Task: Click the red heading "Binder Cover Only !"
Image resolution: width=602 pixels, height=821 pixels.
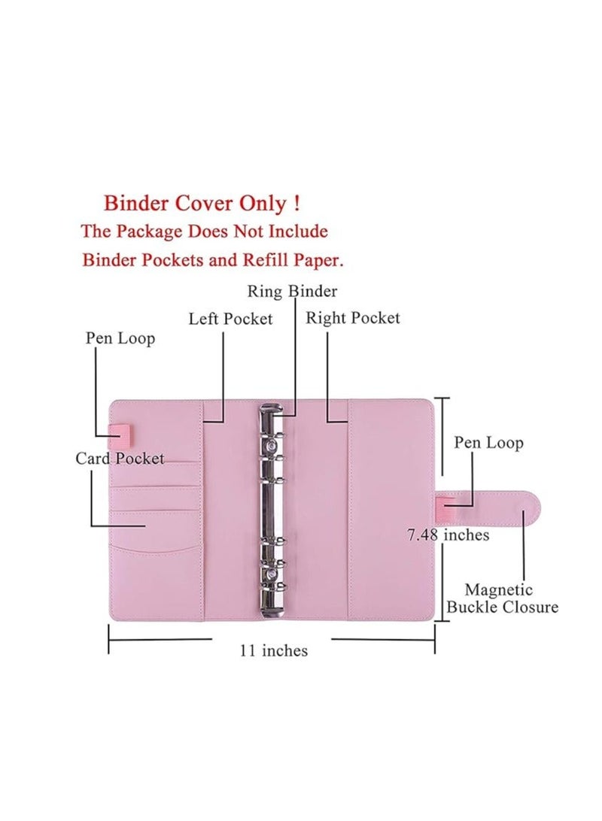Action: point(202,203)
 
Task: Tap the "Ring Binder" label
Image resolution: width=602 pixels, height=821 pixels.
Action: point(292,291)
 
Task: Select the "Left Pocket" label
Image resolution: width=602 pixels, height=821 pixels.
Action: point(230,319)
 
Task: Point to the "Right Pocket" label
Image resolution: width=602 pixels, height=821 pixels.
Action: point(353,318)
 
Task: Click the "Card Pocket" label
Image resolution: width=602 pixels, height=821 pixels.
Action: point(120,459)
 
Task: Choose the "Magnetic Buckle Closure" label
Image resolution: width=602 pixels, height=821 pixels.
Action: point(502,598)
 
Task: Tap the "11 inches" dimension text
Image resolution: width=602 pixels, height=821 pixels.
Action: point(273,651)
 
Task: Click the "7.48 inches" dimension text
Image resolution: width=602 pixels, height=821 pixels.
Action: point(448,535)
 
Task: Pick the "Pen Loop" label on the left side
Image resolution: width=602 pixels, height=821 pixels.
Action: point(120,339)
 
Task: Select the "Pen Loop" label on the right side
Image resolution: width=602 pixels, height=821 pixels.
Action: point(488,443)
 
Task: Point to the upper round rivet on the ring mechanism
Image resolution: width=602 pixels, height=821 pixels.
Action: point(272,446)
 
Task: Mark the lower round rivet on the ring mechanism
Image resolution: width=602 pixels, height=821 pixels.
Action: point(272,574)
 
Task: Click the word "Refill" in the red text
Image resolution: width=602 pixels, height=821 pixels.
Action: point(266,259)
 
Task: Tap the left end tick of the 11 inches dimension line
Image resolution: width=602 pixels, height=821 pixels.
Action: point(108,639)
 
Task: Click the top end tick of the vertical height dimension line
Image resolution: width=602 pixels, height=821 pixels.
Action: point(442,398)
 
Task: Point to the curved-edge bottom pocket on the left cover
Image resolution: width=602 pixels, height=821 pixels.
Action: point(156,581)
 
